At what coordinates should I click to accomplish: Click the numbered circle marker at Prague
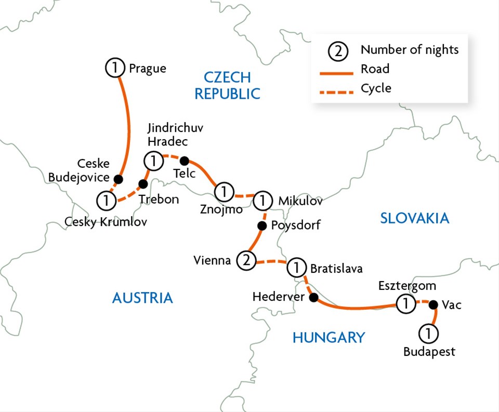(115, 68)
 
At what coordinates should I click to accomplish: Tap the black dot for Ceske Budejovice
(119, 179)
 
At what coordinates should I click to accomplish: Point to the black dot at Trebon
(143, 184)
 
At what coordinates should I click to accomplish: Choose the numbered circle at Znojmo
(224, 192)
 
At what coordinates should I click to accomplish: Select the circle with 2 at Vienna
(246, 261)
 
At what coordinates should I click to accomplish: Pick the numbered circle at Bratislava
(296, 268)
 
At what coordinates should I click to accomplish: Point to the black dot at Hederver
(313, 298)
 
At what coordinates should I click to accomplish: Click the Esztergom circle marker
(405, 304)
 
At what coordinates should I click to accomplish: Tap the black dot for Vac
(432, 304)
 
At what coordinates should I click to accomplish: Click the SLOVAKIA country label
(414, 218)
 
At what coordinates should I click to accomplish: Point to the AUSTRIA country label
(142, 298)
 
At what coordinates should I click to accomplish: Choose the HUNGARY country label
(328, 337)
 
